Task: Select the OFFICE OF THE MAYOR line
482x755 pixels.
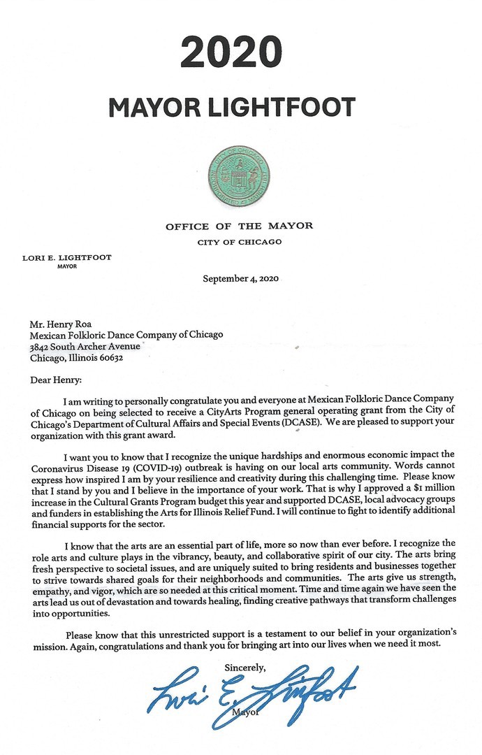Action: pos(239,226)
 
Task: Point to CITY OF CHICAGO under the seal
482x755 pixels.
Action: pos(239,243)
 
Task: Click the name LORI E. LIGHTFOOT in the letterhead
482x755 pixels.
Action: pos(68,257)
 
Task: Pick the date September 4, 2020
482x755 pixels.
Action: pos(240,278)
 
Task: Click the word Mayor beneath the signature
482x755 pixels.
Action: pos(244,712)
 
